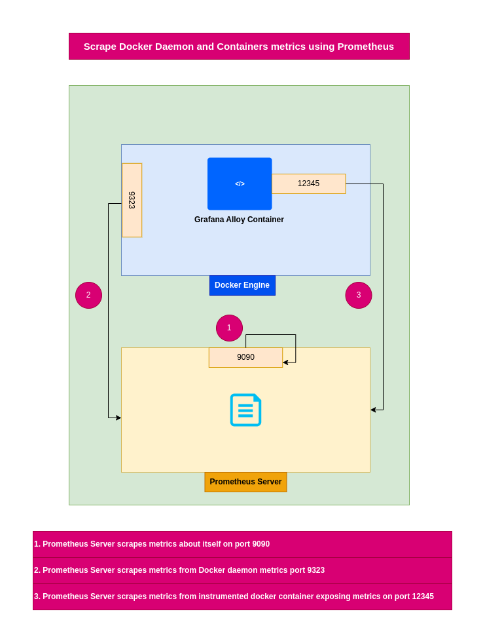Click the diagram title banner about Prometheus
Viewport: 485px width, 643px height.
[x=239, y=47]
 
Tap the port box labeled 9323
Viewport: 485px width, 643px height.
[x=132, y=200]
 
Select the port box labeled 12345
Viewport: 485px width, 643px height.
[x=308, y=184]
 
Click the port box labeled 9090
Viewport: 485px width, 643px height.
[x=245, y=357]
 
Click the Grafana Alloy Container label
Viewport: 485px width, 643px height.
[x=239, y=220]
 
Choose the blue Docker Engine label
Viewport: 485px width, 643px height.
[x=242, y=285]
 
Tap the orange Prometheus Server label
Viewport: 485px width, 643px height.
[x=245, y=482]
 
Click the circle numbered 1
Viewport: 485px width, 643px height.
[x=229, y=328]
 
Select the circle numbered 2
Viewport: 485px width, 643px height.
[x=88, y=295]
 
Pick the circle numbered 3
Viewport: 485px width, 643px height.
[x=359, y=295]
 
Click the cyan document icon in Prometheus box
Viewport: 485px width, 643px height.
[x=245, y=410]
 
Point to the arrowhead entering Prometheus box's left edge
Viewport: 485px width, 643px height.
[x=118, y=418]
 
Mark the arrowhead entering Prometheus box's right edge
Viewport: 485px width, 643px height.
[x=373, y=410]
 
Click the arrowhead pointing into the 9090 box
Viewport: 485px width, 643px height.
[x=285, y=362]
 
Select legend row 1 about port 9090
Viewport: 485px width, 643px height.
[x=242, y=544]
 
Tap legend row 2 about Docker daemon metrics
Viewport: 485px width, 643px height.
[x=242, y=570]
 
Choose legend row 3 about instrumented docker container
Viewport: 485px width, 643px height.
[x=242, y=596]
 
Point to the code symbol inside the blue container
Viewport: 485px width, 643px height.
[x=240, y=184]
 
